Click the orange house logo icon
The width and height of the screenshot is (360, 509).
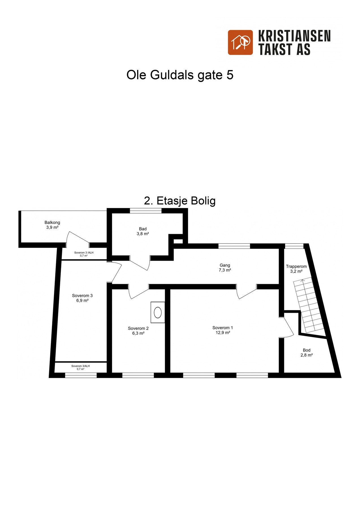240,42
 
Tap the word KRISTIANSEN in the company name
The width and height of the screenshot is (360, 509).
294,36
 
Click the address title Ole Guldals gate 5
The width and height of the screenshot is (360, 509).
180,75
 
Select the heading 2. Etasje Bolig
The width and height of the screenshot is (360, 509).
180,201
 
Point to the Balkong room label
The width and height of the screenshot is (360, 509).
52,223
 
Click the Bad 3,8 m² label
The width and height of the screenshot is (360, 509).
143,231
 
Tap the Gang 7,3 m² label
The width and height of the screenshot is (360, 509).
225,268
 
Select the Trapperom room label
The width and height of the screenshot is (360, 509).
296,266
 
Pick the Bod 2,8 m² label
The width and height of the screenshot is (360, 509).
307,353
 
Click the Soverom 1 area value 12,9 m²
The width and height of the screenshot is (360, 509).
223,333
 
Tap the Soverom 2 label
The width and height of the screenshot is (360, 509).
138,329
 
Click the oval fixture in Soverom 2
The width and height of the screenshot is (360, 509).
158,312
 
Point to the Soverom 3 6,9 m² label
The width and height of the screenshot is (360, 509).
82,298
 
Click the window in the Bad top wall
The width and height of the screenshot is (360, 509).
146,211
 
